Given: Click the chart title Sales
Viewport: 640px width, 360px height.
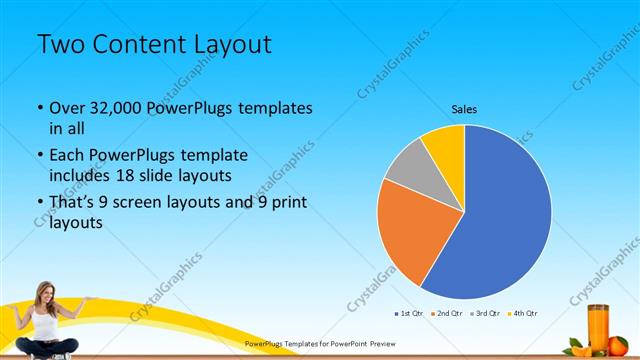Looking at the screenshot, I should point(464,107).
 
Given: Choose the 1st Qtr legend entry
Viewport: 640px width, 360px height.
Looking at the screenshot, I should point(409,313).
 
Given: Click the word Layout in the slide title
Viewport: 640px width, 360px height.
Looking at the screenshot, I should point(231,45).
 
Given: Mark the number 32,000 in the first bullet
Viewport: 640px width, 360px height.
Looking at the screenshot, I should point(116,108).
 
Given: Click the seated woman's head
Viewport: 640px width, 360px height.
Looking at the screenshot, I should point(44,292).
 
